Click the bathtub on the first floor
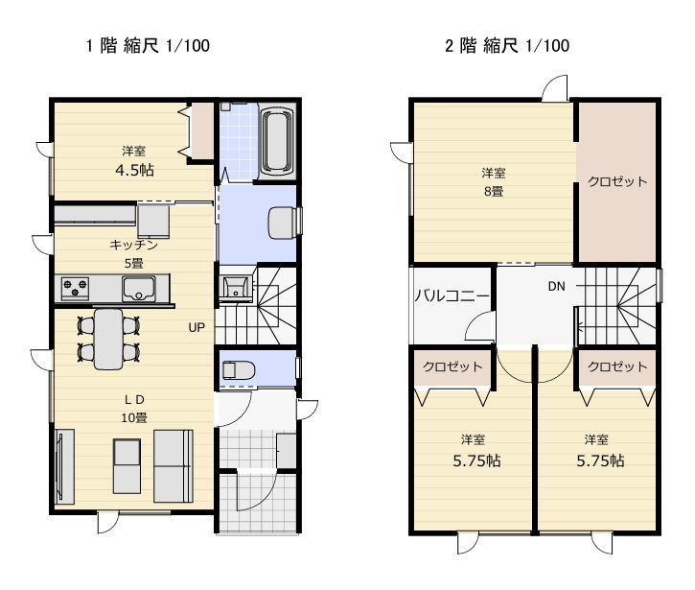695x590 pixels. coord(278,142)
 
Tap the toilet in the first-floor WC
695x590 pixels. coord(239,370)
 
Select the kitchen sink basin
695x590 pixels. coord(139,289)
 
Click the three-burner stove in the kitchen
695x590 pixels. coord(75,288)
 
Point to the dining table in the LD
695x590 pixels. coord(108,339)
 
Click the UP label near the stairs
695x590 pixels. coord(197,328)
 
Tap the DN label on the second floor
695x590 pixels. coord(556,287)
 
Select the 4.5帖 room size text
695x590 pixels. coord(134,170)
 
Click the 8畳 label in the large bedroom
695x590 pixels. coord(494,192)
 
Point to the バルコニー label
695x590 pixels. coord(452,295)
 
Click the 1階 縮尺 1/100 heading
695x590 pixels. coord(148,45)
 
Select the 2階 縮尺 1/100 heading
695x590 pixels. coord(507,45)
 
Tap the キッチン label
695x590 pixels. coord(133,245)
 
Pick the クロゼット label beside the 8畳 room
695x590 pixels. coord(617,181)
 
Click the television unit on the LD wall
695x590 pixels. coord(64,466)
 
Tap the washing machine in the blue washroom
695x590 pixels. coord(283,223)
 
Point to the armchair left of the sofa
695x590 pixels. coord(127,466)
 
